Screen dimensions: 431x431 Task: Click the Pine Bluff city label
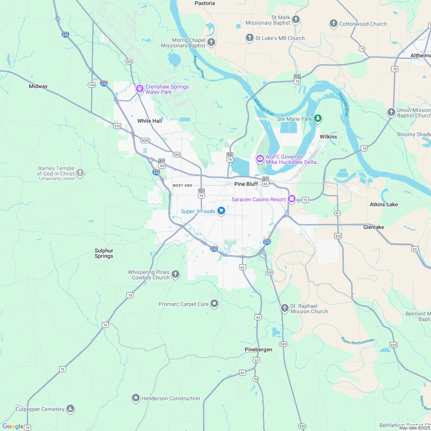(246, 184)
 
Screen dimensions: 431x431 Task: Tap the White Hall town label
(150, 121)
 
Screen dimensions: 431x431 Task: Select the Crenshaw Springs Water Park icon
(139, 89)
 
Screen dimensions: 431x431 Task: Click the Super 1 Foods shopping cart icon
(221, 210)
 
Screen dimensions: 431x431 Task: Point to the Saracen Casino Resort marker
(292, 199)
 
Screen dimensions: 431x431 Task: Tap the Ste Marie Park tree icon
(317, 118)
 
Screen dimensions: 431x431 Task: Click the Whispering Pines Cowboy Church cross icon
(175, 274)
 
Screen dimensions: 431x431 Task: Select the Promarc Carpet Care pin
(214, 304)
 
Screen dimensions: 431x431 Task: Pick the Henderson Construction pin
(135, 398)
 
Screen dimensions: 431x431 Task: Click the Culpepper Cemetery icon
(70, 408)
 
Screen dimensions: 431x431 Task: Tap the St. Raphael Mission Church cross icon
(284, 308)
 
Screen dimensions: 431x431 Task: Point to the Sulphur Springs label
(104, 253)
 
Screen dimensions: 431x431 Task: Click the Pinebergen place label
(258, 349)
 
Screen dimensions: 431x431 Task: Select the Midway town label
(38, 86)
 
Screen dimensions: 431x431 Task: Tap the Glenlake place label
(373, 227)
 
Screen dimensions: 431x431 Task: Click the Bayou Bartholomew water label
(357, 340)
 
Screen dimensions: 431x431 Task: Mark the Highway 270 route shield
(117, 125)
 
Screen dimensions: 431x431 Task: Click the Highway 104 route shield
(92, 85)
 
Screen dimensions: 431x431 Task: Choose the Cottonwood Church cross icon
(333, 23)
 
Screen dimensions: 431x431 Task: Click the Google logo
(13, 426)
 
